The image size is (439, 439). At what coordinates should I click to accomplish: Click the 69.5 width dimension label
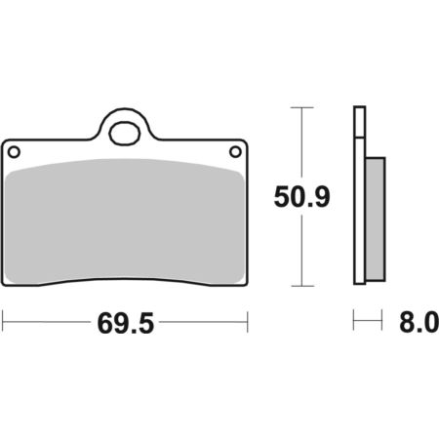point(126,324)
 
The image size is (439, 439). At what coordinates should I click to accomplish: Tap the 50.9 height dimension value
point(301,197)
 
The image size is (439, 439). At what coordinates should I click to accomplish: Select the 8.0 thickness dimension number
point(419,322)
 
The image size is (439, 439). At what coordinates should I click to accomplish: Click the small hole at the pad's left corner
point(14,152)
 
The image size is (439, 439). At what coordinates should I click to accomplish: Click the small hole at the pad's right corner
point(235,152)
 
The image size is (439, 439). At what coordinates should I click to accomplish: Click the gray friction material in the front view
point(125,220)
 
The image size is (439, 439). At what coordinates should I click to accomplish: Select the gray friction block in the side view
point(376,219)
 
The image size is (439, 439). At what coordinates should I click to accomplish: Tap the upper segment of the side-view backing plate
point(360,121)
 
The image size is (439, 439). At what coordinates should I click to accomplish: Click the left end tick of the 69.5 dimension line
point(3,322)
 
